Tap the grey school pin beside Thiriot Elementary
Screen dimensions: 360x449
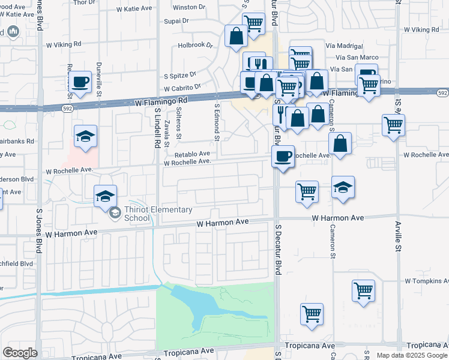114,212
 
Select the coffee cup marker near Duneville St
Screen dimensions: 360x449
81,82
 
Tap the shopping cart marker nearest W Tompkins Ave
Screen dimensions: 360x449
364,291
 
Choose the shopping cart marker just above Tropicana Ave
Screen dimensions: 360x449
312,314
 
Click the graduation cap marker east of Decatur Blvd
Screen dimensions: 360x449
343,187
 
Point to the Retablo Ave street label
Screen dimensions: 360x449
192,154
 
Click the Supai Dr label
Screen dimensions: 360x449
176,20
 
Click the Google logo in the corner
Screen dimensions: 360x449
20,353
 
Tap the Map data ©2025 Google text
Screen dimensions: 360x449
412,355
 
